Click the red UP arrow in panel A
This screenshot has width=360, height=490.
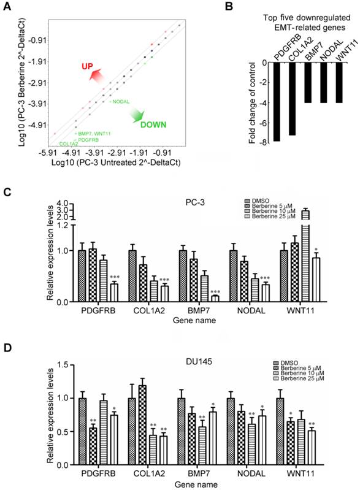[x=96, y=74]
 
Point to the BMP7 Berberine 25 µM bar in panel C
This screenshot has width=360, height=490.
[x=215, y=299]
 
